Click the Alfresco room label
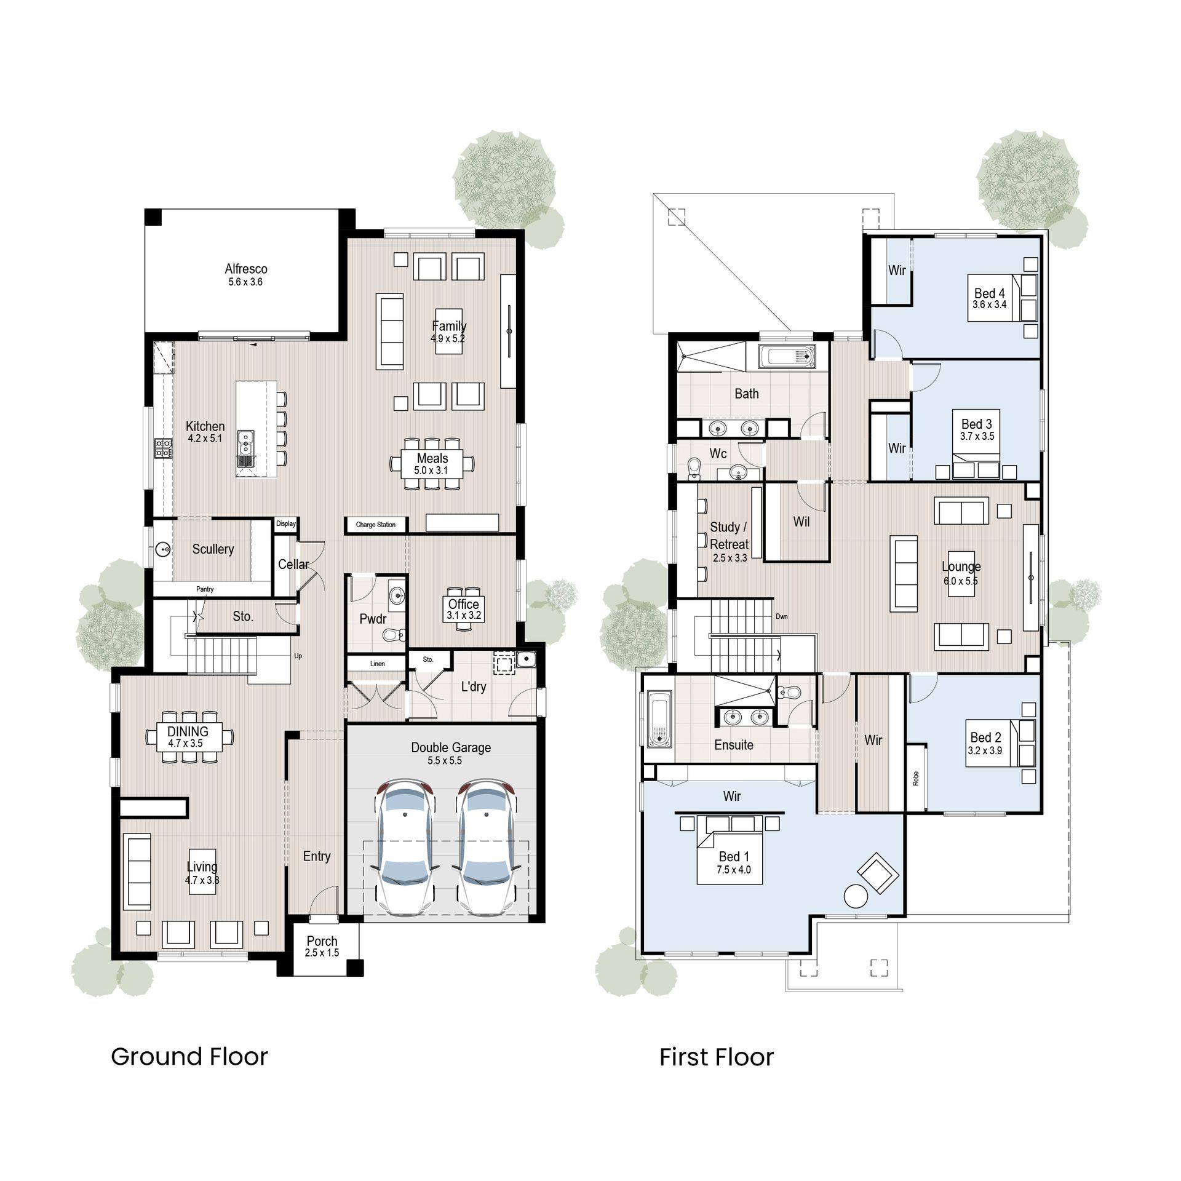245,269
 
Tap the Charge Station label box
375,525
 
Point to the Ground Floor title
189,1057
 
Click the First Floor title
716,1057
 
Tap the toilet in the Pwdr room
391,634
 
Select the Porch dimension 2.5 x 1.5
322,953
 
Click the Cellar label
293,564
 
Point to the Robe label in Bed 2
916,778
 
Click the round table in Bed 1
856,896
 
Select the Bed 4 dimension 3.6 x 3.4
989,304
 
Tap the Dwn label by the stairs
781,616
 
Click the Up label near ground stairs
298,656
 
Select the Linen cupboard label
377,664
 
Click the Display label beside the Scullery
286,523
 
